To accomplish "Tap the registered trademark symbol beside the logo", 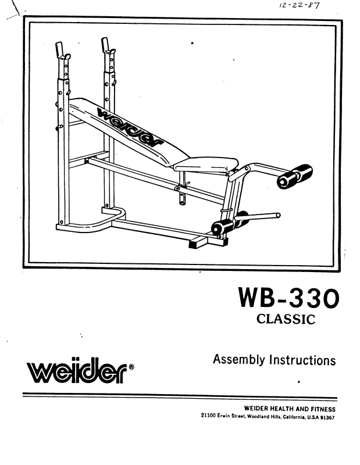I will click(x=132, y=367).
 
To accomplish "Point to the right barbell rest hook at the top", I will click(x=107, y=47).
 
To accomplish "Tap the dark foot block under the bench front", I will click(x=200, y=243).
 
